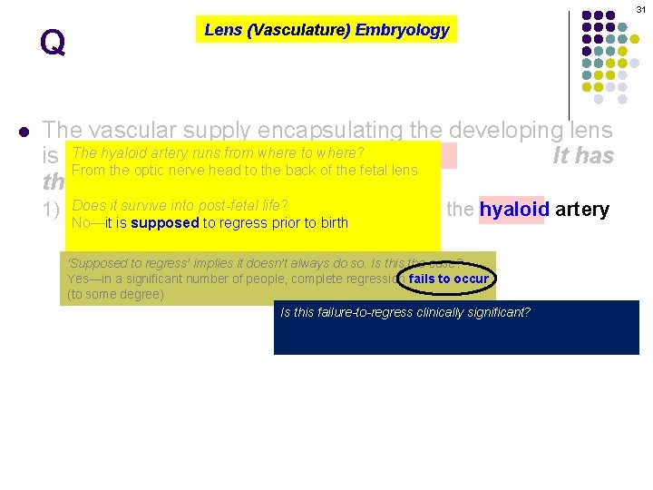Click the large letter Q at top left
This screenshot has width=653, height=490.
pyautogui.click(x=53, y=43)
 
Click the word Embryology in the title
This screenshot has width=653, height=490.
pyautogui.click(x=402, y=30)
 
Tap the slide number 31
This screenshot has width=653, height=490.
pyautogui.click(x=640, y=8)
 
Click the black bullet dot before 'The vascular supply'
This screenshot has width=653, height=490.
pyautogui.click(x=24, y=131)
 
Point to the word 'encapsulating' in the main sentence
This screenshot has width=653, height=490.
pyautogui.click(x=336, y=131)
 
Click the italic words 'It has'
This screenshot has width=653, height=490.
pyautogui.click(x=582, y=156)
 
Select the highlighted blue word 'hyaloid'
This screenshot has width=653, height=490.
pyautogui.click(x=512, y=210)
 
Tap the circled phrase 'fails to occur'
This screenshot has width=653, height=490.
pyautogui.click(x=448, y=279)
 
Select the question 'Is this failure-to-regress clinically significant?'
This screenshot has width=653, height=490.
pyautogui.click(x=405, y=313)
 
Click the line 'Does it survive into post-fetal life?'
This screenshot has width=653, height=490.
pyautogui.click(x=180, y=206)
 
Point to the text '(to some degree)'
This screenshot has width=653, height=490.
pyautogui.click(x=115, y=294)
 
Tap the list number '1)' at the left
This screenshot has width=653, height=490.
pyautogui.click(x=52, y=210)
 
